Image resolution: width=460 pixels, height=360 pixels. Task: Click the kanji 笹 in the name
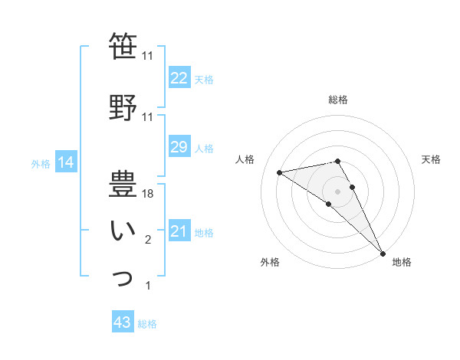123,47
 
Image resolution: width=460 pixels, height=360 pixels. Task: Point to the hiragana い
123,231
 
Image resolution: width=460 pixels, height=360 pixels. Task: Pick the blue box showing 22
179,77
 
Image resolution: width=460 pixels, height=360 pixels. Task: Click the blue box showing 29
179,147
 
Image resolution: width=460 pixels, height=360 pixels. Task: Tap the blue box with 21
179,231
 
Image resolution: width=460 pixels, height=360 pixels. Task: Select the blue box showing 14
66,162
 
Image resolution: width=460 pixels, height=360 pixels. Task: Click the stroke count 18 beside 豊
149,195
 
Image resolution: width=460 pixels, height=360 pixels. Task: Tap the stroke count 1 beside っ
148,286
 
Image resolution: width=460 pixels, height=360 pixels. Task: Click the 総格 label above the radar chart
338,100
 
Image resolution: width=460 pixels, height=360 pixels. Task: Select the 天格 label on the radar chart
432,159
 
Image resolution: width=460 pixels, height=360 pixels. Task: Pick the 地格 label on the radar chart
402,262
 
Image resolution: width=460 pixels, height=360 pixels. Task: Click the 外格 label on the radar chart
270,262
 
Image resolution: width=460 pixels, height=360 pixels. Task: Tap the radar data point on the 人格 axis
280,172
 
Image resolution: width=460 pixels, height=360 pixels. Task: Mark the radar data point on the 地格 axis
383,254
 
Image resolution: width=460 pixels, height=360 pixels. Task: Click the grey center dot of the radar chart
337,191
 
